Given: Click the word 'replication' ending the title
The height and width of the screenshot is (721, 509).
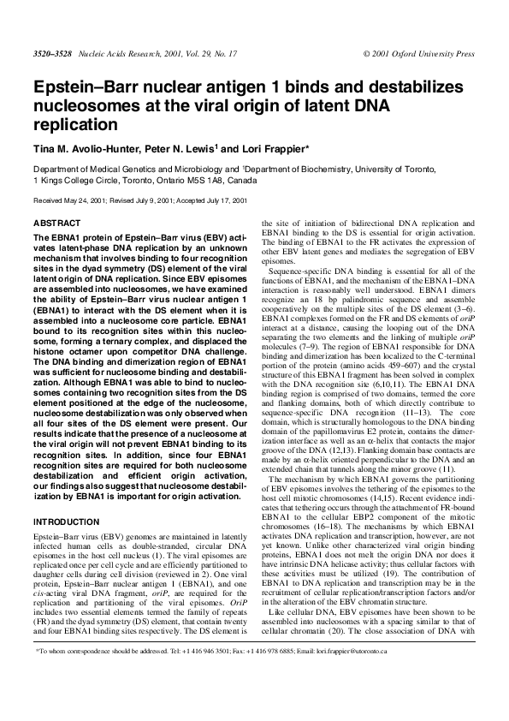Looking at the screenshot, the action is coord(74,124).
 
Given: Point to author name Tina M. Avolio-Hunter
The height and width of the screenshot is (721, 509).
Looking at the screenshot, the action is coord(84,147).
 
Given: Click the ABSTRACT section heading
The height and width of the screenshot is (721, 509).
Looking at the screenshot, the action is coord(56,223).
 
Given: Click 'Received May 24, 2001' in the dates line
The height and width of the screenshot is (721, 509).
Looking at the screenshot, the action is coord(65,200).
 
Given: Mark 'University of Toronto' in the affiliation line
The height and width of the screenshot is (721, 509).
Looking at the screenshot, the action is coord(434,170).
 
